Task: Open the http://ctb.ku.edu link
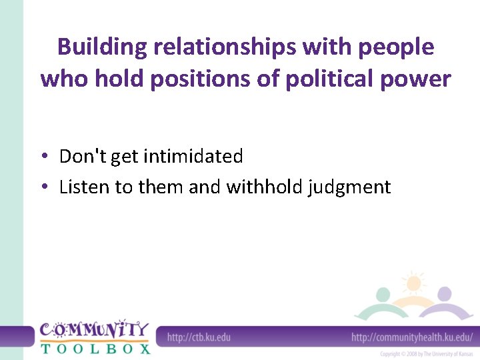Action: (199, 337)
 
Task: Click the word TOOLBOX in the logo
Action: (95, 347)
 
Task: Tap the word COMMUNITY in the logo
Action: (93, 329)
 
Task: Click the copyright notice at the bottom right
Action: (426, 353)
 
